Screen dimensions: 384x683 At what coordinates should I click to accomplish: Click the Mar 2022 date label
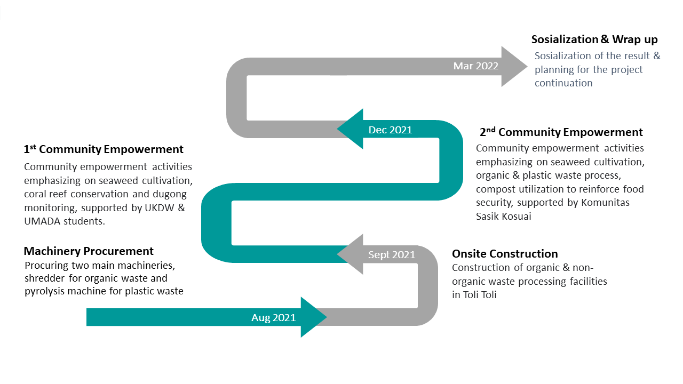pos(475,66)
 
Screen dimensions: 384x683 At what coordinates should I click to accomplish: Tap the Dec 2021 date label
pos(390,130)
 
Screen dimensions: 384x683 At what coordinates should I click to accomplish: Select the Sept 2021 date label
pos(392,255)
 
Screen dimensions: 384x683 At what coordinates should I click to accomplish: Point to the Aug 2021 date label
pos(273,318)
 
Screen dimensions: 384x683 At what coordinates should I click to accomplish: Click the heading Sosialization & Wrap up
pos(594,39)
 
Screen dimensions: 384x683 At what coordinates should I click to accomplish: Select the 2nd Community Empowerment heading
pos(561,132)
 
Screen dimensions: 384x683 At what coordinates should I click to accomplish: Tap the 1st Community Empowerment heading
pos(104,149)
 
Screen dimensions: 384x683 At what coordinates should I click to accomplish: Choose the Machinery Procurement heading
pos(89,251)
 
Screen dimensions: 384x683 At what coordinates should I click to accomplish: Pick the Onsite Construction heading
pos(505,254)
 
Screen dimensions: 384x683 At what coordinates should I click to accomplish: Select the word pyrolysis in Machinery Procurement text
pos(47,291)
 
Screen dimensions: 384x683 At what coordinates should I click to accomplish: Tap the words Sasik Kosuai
pos(504,217)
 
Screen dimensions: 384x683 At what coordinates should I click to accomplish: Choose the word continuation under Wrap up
pos(563,83)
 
